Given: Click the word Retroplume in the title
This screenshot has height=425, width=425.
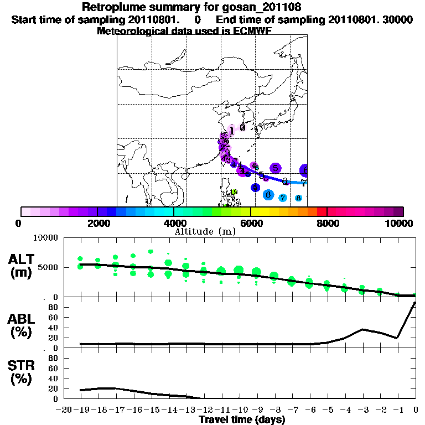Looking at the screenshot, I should pyautogui.click(x=112, y=7).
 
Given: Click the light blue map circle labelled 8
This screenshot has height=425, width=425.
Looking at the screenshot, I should pyautogui.click(x=298, y=198).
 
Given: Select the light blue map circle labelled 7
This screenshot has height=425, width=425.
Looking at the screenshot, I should pyautogui.click(x=283, y=198).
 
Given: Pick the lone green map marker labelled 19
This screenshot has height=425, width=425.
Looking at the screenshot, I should pyautogui.click(x=234, y=193).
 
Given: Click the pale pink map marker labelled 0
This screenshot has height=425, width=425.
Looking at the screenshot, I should pyautogui.click(x=242, y=127).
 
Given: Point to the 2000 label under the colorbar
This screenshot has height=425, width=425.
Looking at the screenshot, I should pyautogui.click(x=97, y=224).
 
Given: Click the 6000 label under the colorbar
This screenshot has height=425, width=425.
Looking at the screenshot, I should pyautogui.click(x=251, y=224).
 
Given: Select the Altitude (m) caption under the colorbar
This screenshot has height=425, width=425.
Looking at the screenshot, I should pyautogui.click(x=204, y=231).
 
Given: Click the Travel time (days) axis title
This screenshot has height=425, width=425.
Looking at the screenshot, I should pyautogui.click(x=242, y=420).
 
